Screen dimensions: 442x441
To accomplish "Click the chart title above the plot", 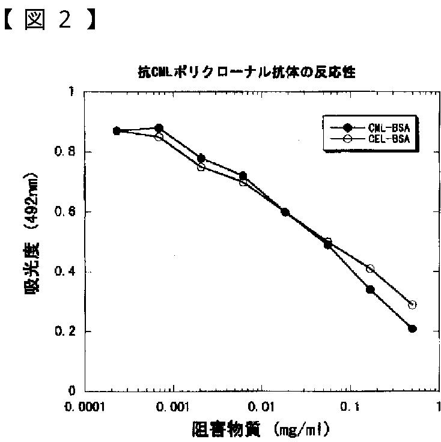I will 247,73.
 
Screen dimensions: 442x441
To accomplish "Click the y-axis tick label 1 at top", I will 71,92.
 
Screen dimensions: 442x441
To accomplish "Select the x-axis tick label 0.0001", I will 85,406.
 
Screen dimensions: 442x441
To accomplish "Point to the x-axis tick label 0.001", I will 174,406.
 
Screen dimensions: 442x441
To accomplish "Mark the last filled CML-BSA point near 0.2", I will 412,328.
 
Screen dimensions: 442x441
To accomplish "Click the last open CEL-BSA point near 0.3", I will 412,304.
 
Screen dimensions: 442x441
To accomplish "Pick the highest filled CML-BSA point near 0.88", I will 159,128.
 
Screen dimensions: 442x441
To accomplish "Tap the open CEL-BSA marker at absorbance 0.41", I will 370,268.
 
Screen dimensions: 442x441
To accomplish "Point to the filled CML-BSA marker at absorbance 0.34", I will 370,289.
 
